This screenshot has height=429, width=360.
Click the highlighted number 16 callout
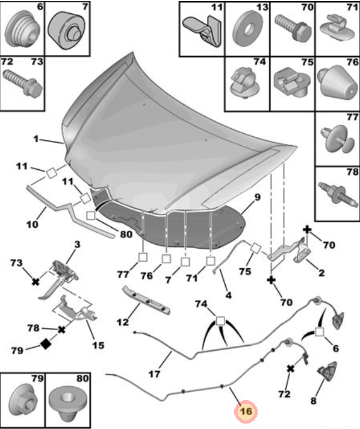[x=246, y=411]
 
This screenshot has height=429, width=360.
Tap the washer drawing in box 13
[x=247, y=28]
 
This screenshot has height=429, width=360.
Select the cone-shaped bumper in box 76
[x=338, y=83]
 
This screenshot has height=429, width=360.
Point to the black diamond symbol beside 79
[x=46, y=344]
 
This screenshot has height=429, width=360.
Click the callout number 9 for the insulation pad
[x=257, y=197]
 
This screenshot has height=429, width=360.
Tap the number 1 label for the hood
[x=36, y=139]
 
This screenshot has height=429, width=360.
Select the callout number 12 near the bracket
[x=123, y=322]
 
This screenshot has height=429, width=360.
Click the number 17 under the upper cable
[x=154, y=374]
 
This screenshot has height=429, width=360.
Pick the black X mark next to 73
[x=36, y=281]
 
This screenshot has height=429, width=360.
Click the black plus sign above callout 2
[x=307, y=230]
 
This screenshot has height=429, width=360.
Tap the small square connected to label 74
[x=220, y=321]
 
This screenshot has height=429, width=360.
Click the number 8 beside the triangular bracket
[x=313, y=401]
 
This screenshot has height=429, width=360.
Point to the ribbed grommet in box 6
[x=22, y=30]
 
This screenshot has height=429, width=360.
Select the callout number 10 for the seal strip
[x=32, y=224]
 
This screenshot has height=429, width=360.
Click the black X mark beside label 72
[x=291, y=369]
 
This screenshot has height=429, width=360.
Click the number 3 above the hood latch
[x=77, y=244]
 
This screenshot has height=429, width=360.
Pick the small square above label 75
[x=256, y=248]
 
